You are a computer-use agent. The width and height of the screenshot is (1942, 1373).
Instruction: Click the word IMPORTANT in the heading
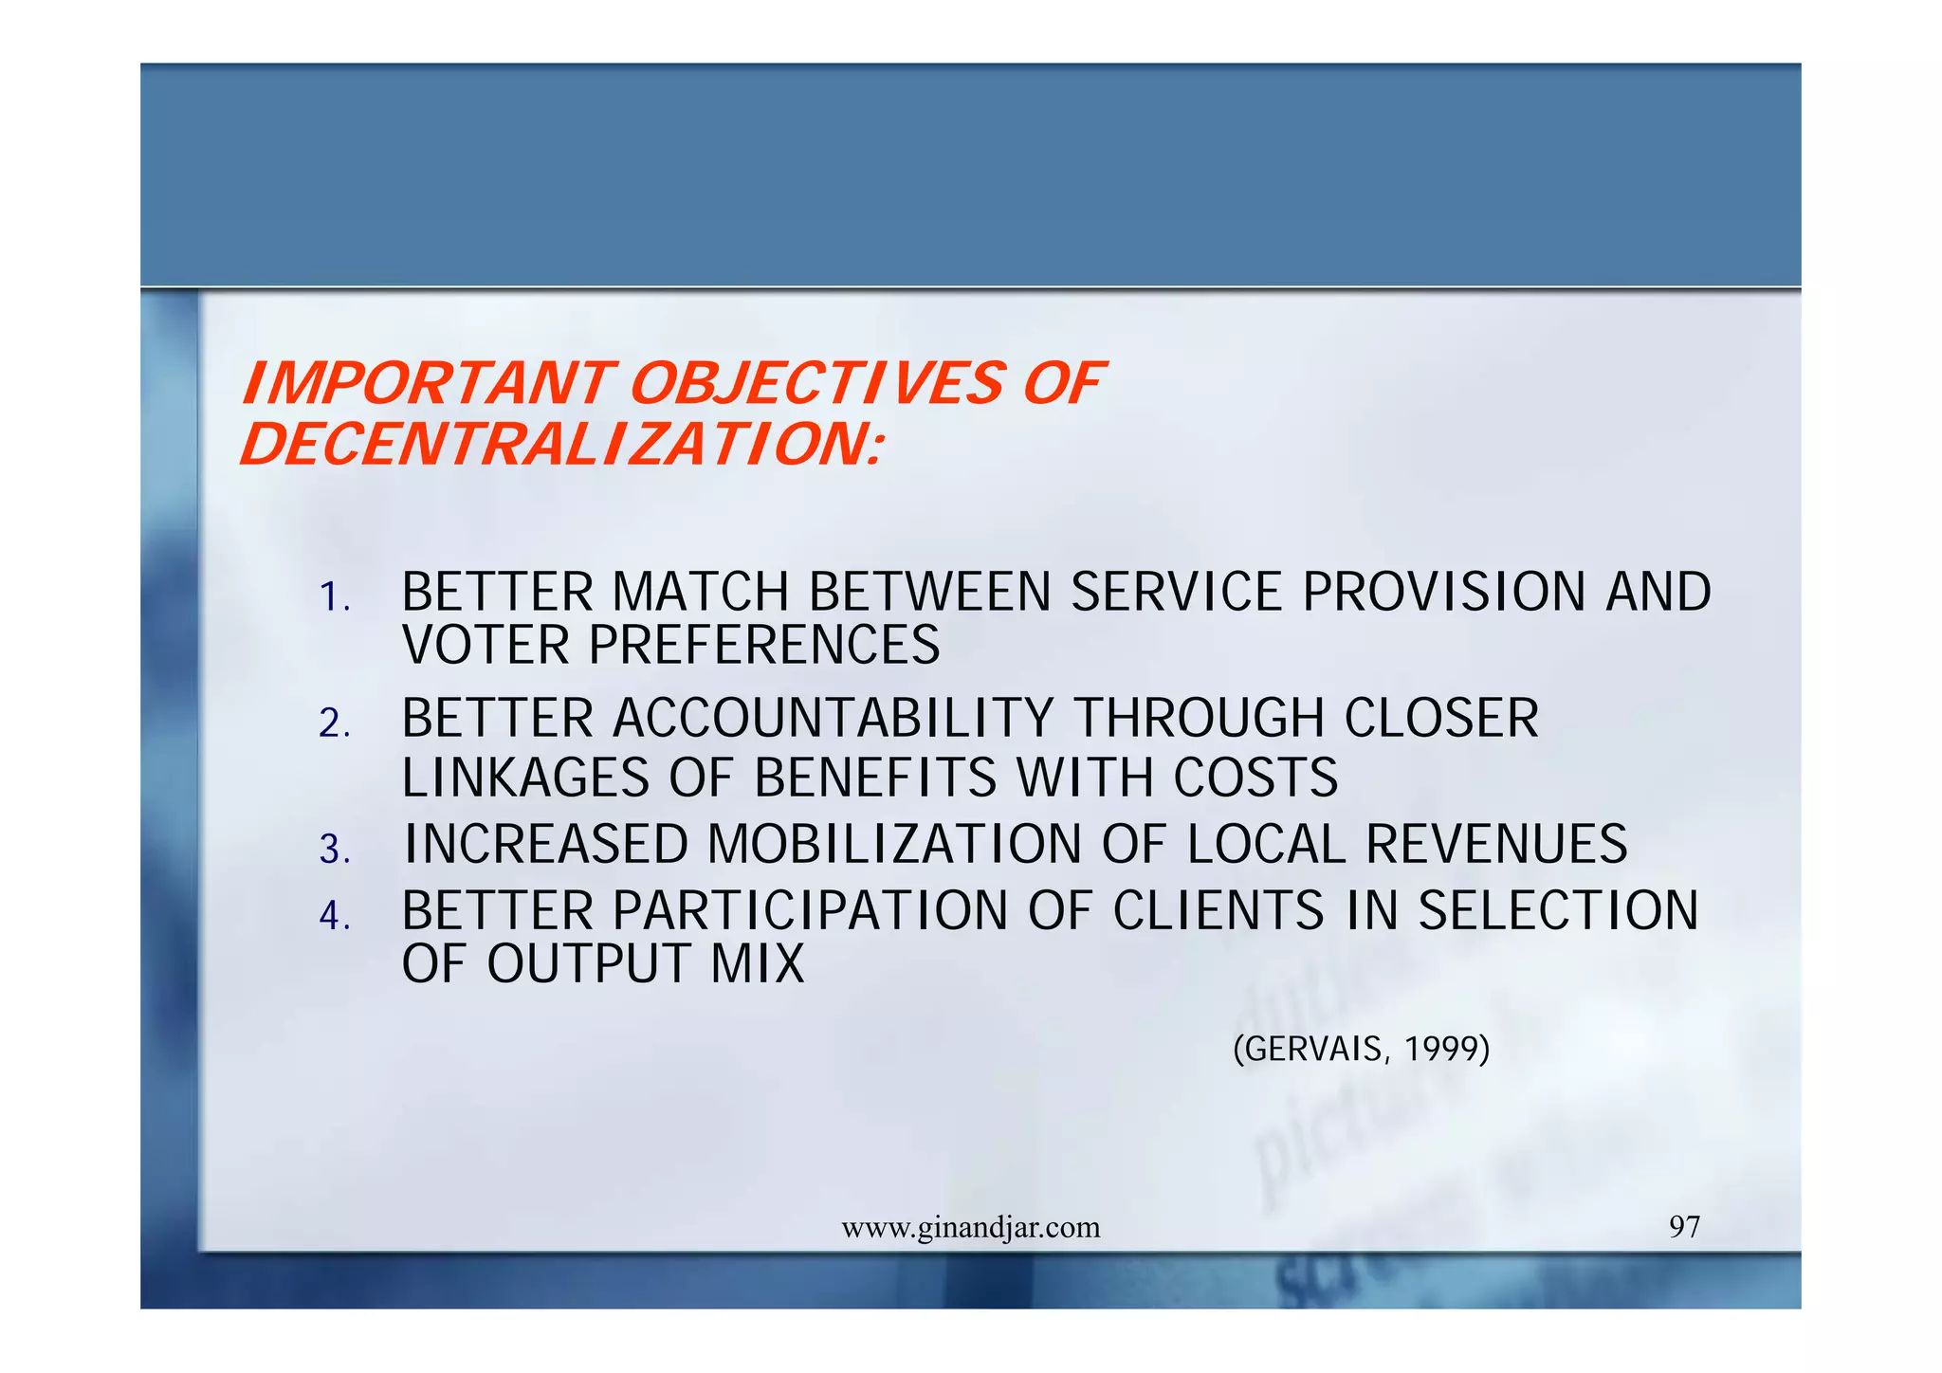(425, 384)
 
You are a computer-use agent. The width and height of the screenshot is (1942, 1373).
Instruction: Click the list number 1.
(334, 598)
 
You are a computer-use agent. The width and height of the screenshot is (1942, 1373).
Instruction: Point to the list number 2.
(334, 724)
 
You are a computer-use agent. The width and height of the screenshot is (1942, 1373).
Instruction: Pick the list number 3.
(334, 850)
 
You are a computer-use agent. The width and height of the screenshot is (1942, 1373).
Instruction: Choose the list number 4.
(334, 916)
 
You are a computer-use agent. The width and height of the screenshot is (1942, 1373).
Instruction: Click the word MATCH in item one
(701, 593)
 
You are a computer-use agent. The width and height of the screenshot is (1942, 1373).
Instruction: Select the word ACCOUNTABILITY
(833, 719)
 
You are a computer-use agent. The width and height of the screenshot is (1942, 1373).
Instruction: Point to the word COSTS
(1255, 778)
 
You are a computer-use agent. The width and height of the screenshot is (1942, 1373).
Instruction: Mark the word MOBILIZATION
(894, 845)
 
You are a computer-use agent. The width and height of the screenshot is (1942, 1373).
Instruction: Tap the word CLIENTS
(1218, 911)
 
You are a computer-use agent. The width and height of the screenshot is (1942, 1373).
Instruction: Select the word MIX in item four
(758, 964)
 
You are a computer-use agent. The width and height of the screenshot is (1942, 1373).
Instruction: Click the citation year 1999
(1446, 1050)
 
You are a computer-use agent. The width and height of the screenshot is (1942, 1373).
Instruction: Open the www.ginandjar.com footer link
(971, 1228)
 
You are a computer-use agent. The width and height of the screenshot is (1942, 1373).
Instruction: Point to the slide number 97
(1684, 1227)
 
